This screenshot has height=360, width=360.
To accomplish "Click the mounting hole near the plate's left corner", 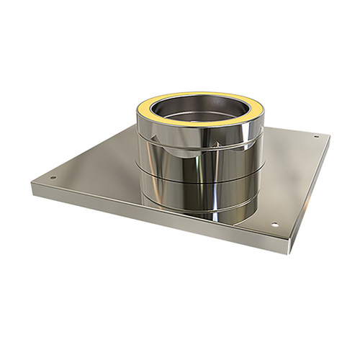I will coord(53,177).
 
